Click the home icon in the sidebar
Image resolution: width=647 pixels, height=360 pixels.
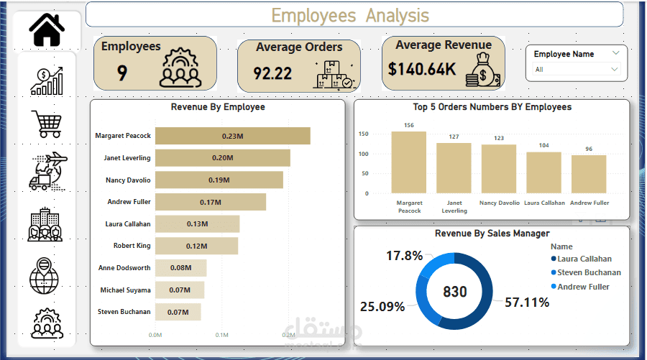pos(47,29)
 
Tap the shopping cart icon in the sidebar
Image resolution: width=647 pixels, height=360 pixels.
pos(46,124)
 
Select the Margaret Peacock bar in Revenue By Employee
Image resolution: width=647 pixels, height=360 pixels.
pos(232,136)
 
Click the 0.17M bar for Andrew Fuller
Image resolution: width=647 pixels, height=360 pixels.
pos(210,202)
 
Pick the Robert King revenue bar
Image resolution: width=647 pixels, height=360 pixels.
pos(196,246)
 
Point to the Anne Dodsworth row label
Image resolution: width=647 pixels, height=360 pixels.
pos(124,268)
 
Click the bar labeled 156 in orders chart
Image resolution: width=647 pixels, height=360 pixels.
pos(408,162)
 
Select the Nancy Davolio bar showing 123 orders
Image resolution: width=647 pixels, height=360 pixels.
pos(499,168)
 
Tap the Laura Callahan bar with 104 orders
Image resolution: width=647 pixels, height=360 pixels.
pos(543,172)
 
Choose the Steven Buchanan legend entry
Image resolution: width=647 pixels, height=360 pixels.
pos(589,272)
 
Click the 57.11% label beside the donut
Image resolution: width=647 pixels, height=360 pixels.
pos(527,303)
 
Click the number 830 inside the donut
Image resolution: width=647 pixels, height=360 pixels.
pos(455,292)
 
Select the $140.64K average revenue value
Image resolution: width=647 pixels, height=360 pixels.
pos(422,69)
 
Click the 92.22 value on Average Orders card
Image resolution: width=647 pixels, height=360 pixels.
pos(272,73)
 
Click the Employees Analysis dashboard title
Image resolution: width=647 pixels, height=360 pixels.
pos(350,15)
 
